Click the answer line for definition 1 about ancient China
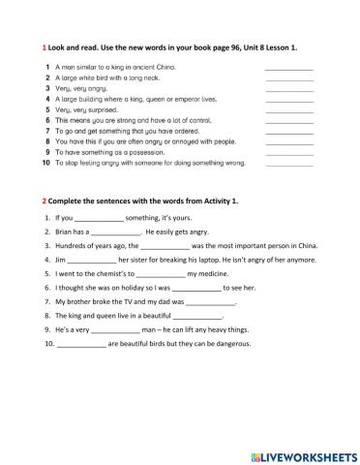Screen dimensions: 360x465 pos(287,68)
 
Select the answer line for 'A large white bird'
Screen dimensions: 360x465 pos(287,78)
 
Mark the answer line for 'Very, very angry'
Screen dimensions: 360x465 pos(287,89)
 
